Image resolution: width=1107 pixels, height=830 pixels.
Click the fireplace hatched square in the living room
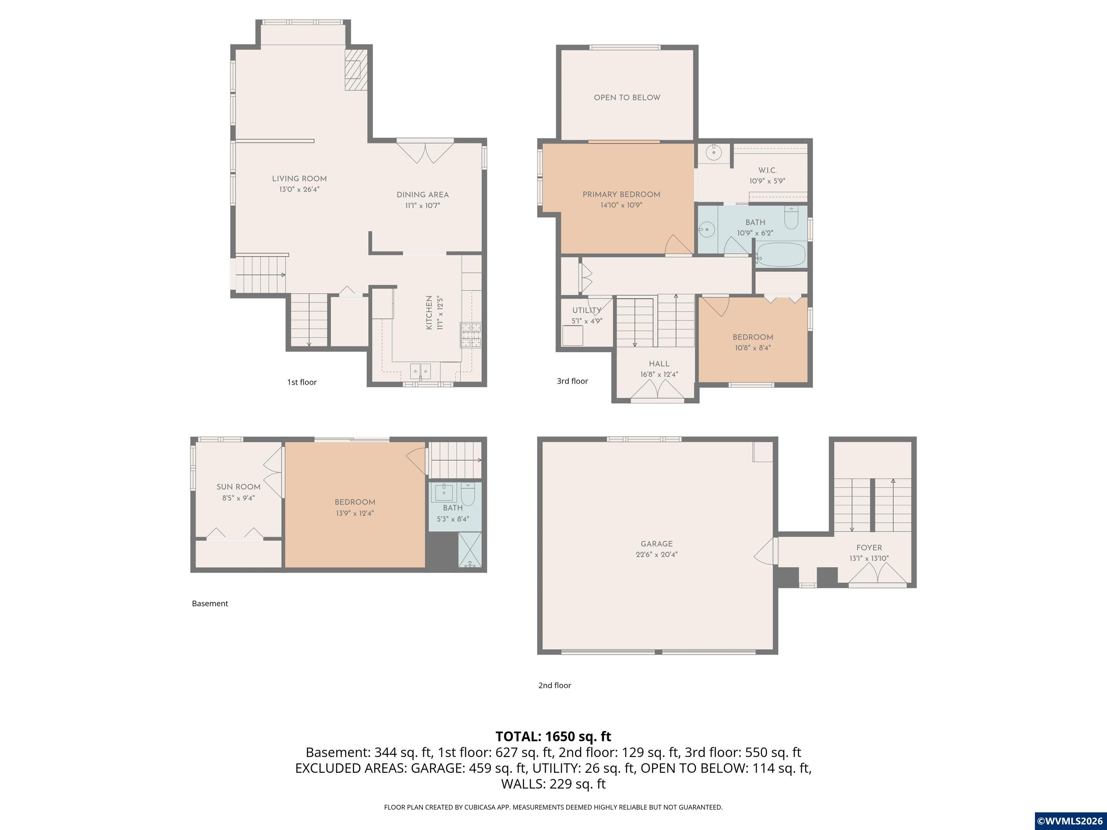(x=356, y=69)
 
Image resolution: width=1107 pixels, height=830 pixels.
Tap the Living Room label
(x=299, y=179)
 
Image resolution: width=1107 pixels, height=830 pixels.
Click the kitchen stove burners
(x=470, y=335)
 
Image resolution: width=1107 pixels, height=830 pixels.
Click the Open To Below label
(x=627, y=98)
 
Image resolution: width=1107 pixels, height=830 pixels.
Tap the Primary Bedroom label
(x=621, y=194)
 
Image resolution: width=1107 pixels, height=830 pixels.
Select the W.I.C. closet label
(x=767, y=170)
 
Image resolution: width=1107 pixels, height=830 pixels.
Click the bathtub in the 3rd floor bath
(x=781, y=255)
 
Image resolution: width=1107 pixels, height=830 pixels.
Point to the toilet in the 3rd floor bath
(x=791, y=218)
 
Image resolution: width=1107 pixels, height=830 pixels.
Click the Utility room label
(x=587, y=310)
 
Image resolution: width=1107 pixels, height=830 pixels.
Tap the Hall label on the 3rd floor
(x=659, y=364)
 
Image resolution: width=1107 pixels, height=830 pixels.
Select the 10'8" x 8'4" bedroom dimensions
(x=753, y=348)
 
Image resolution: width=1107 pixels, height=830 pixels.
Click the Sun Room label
(x=238, y=487)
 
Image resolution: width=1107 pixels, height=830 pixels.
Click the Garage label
(x=656, y=544)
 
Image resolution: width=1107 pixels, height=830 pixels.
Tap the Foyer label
(x=869, y=548)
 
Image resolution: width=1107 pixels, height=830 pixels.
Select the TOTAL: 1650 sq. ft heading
(x=553, y=736)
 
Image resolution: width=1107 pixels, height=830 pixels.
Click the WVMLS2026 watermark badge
(x=1070, y=821)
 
